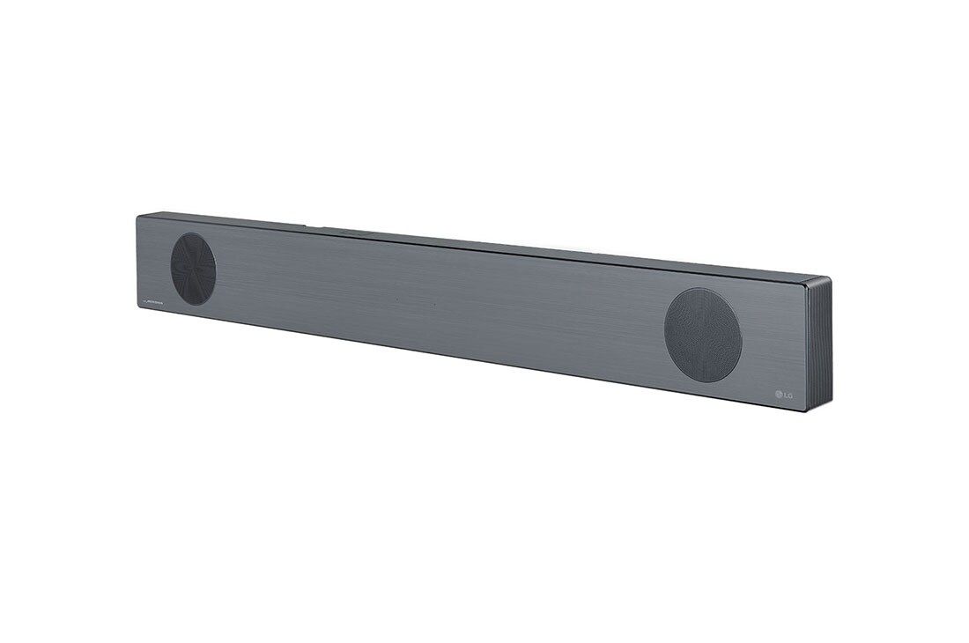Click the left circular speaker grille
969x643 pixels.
193,269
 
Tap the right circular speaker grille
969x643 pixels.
703,335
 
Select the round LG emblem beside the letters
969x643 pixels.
778,393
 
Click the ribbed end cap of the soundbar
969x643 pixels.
819,344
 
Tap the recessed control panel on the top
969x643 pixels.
352,233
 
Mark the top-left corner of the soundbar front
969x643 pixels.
137,217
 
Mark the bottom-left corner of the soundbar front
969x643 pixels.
137,310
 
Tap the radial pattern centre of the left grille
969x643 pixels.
193,269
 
